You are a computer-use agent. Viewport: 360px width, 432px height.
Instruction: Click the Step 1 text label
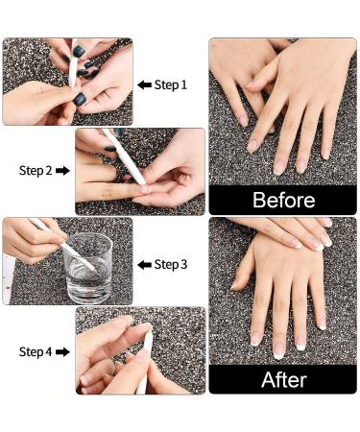click(x=171, y=84)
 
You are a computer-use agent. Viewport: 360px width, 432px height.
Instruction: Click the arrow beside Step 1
click(x=144, y=84)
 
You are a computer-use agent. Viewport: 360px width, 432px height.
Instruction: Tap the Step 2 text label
click(x=36, y=171)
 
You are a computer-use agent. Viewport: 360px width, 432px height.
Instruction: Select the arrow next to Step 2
click(x=63, y=171)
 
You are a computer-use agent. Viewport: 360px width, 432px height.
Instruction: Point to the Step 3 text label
click(x=171, y=264)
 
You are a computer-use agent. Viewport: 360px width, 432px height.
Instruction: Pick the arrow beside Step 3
click(x=144, y=264)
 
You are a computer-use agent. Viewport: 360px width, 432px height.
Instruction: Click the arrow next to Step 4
click(x=63, y=352)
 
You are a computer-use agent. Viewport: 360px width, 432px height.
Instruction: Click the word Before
click(x=283, y=200)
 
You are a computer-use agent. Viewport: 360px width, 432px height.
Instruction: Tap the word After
click(x=283, y=378)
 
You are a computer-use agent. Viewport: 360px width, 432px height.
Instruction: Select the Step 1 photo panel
click(x=67, y=82)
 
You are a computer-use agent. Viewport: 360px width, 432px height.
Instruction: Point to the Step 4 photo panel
click(x=140, y=350)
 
